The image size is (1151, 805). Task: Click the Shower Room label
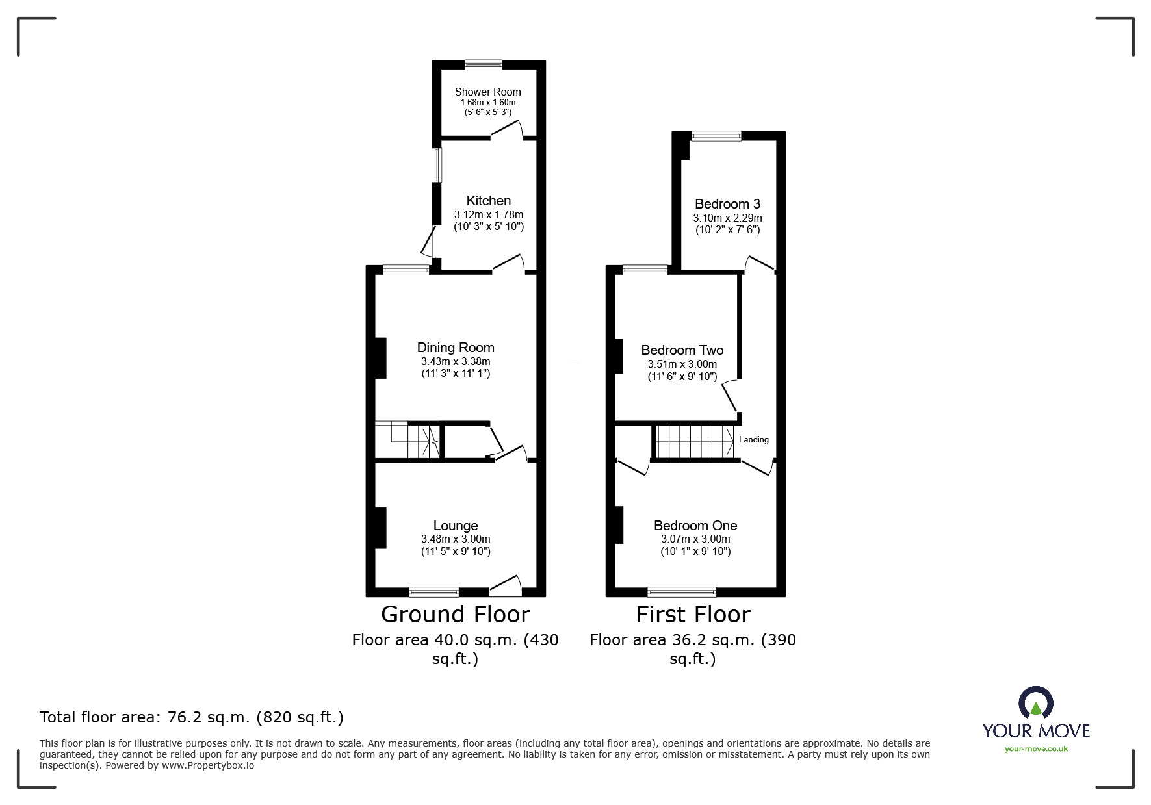(x=487, y=92)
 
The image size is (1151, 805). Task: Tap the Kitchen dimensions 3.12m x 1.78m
(x=488, y=214)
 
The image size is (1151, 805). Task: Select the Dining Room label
(x=456, y=348)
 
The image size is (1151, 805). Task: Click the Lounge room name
(x=456, y=526)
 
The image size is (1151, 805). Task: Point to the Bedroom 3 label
(x=727, y=204)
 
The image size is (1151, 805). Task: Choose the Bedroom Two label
(x=682, y=350)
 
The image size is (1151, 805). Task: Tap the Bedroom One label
(x=695, y=526)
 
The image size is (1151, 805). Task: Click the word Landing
(x=753, y=440)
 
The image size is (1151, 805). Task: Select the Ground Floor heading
(x=455, y=614)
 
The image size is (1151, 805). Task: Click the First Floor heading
(x=693, y=614)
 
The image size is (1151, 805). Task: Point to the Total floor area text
(x=192, y=717)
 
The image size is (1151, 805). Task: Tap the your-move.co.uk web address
(x=1036, y=749)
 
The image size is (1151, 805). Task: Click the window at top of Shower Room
(x=484, y=64)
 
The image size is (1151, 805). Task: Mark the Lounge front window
(x=434, y=591)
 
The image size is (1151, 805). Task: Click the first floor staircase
(x=694, y=442)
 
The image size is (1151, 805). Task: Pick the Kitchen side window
(x=437, y=166)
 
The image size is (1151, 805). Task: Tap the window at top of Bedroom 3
(x=716, y=136)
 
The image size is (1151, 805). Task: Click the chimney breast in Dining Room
(x=381, y=358)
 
